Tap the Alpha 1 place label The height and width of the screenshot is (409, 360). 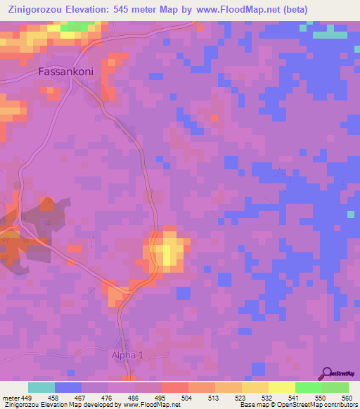point(127,356)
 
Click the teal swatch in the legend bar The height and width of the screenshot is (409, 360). point(41,387)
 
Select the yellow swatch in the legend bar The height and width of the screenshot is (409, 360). point(281,387)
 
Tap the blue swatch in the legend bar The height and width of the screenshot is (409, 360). point(68,387)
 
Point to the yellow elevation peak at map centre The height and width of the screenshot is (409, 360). point(169,250)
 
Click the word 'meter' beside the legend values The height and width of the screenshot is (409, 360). point(11,398)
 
